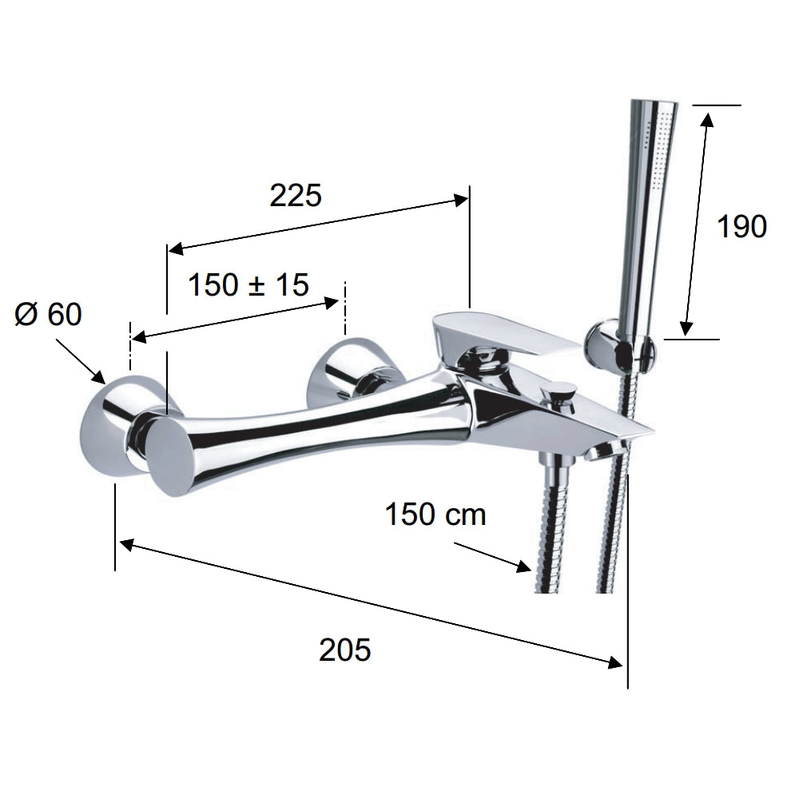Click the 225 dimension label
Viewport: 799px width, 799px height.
[296, 195]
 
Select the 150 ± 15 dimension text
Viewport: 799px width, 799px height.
[248, 284]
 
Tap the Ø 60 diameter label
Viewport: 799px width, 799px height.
[49, 314]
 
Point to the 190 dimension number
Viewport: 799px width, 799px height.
[741, 226]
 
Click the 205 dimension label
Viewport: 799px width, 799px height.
[345, 650]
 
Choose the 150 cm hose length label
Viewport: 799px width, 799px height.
[435, 514]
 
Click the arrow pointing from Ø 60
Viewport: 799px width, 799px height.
[80, 361]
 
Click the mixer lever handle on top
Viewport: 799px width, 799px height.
[504, 337]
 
